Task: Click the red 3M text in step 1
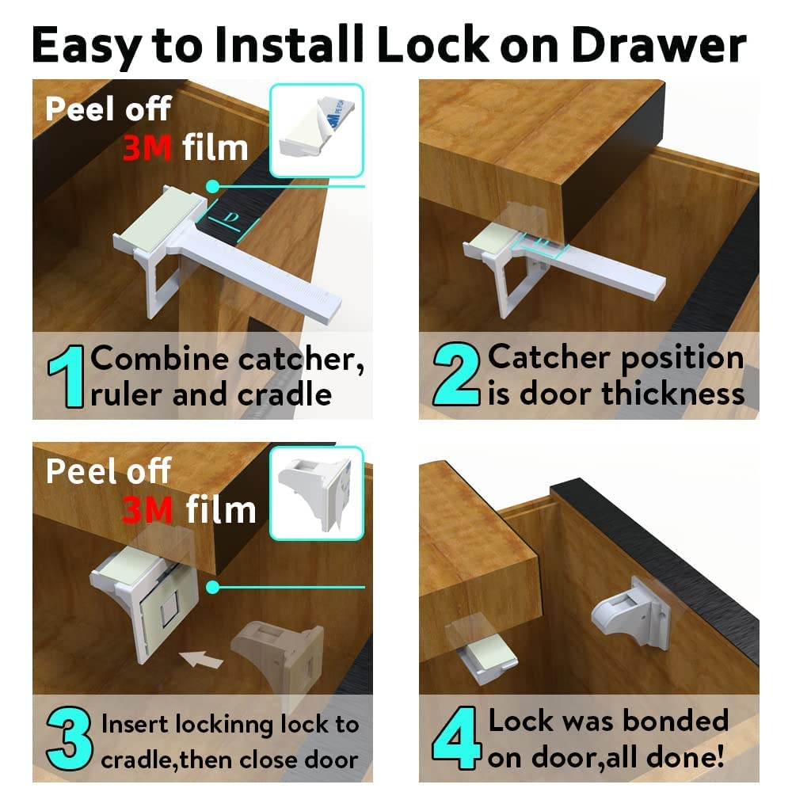pyautogui.click(x=147, y=147)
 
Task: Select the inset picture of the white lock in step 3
pyautogui.click(x=316, y=493)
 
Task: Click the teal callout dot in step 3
pyautogui.click(x=212, y=587)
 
